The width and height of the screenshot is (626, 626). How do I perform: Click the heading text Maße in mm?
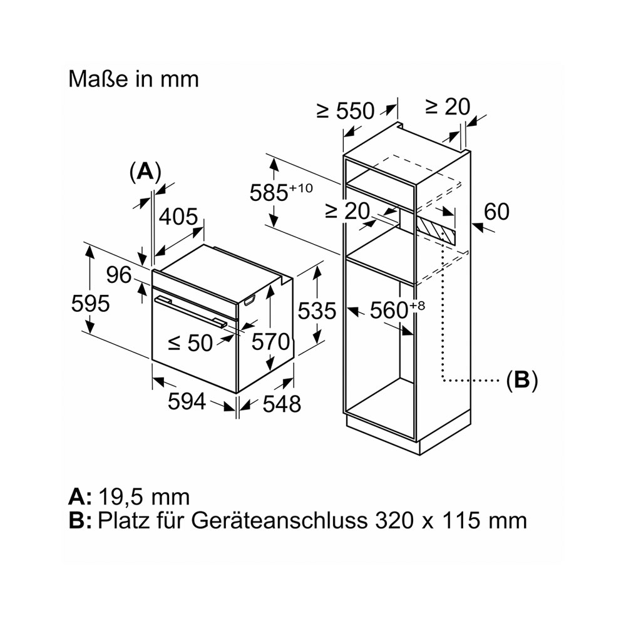pos(133,79)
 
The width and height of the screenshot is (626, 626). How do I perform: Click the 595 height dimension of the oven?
pos(90,304)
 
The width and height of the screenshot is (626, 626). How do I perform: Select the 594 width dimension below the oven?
pos(187,401)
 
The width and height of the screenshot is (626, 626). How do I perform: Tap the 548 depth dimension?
pos(282,404)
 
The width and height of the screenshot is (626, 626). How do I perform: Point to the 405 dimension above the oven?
pos(178,217)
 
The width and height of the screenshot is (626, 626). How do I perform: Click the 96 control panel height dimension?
pos(119,275)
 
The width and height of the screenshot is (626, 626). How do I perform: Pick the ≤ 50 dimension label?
pos(190,343)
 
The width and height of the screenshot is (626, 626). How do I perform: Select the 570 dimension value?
pos(270,342)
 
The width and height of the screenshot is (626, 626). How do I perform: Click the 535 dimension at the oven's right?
pos(317,310)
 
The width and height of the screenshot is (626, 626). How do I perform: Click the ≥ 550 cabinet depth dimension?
pos(346,111)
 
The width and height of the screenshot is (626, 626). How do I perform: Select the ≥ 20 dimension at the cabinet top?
pos(448,106)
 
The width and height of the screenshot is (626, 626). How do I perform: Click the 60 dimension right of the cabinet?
pos(496,212)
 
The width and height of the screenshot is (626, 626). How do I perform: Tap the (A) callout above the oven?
pos(145,172)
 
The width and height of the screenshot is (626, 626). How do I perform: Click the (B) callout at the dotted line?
pos(522,380)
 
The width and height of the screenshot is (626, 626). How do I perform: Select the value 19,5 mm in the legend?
pos(144,497)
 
